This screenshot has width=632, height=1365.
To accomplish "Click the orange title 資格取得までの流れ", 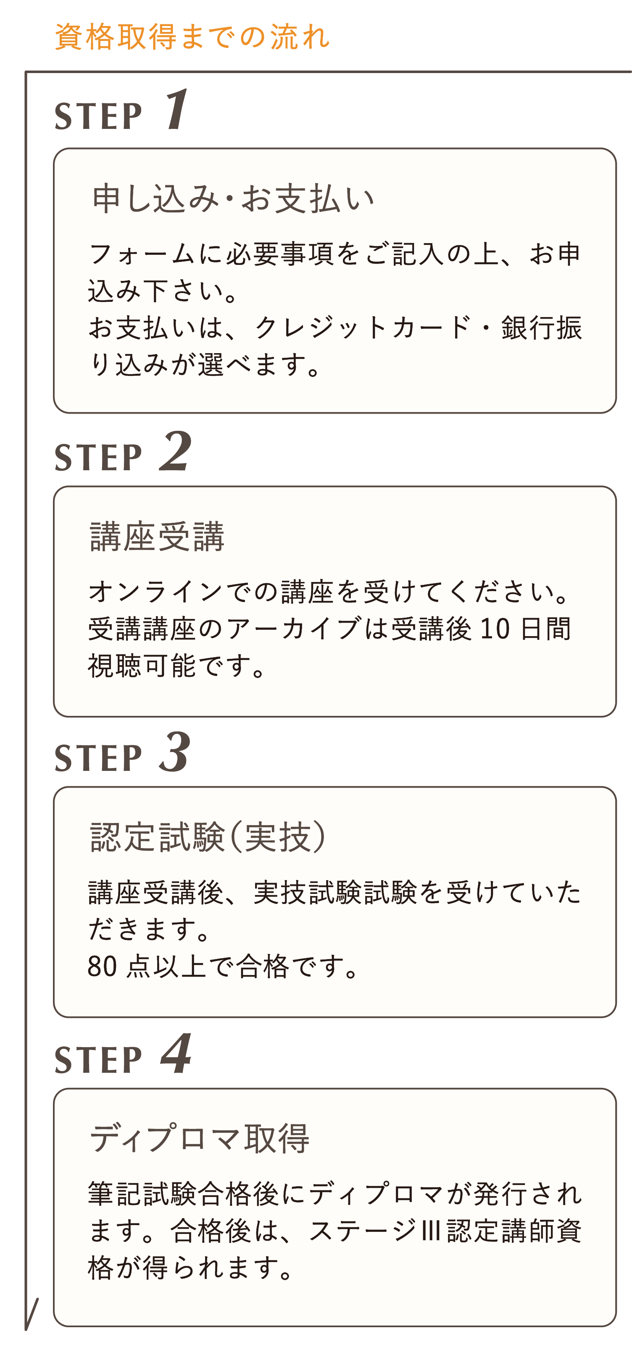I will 192,37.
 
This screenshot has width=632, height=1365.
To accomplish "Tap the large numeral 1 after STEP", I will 176,110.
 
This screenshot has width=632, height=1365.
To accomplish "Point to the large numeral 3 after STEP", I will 174,752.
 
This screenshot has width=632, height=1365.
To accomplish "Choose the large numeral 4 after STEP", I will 176,1054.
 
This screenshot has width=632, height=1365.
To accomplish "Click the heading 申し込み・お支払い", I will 233,199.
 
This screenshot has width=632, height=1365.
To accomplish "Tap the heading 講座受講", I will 158,537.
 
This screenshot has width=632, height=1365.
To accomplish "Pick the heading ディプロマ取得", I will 199,1139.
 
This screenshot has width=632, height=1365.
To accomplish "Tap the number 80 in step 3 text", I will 103,967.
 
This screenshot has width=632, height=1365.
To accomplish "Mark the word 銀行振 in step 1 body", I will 541,327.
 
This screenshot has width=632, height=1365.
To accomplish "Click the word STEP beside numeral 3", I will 99,758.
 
